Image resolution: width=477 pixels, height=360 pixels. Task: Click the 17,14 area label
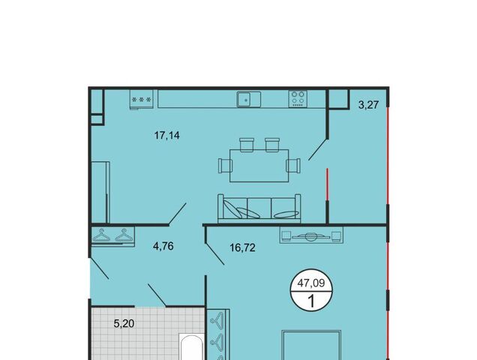167,135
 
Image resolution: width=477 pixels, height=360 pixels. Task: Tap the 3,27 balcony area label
368,105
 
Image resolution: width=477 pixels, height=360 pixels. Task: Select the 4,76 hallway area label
163,246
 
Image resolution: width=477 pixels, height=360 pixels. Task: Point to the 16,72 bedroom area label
242,248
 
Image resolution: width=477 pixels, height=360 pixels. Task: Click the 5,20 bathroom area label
124,323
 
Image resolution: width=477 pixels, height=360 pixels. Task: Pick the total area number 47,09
311,283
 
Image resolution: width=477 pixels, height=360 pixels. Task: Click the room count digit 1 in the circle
311,301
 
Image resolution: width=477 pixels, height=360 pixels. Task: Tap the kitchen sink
248,100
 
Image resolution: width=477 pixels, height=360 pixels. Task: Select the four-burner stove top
298,99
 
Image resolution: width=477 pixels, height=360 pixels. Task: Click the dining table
259,166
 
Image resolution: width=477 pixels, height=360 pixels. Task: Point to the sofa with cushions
259,208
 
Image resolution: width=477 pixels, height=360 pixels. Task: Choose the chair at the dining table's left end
225,166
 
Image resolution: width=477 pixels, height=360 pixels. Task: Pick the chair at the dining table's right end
293,166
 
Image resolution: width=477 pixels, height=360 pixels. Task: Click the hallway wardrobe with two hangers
112,235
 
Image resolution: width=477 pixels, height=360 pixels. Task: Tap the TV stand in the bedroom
311,235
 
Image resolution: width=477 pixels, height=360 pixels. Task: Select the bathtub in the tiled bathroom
192,347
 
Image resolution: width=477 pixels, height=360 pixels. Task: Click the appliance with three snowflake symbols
141,99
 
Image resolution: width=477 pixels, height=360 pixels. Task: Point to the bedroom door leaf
214,250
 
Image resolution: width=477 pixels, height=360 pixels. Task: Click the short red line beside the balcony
327,184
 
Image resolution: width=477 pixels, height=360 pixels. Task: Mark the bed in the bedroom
311,346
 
